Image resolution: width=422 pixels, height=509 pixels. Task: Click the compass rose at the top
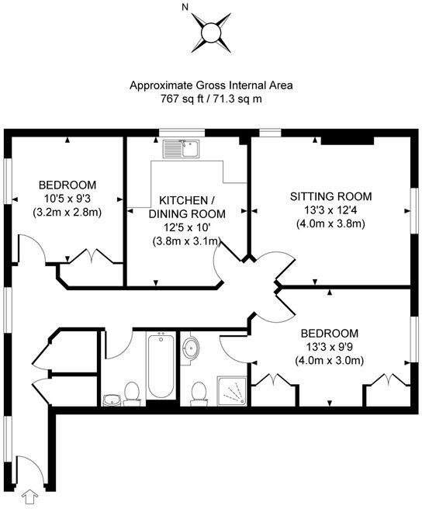coord(210,33)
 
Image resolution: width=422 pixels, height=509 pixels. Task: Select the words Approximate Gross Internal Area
coord(210,85)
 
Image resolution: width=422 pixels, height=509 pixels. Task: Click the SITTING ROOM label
coord(330,196)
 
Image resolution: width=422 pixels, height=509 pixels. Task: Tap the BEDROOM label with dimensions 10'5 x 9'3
coord(67,185)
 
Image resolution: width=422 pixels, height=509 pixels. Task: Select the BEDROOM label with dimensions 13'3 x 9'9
coord(330,332)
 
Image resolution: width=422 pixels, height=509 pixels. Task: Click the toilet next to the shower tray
coord(199,394)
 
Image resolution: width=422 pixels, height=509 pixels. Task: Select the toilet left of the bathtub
coord(131,394)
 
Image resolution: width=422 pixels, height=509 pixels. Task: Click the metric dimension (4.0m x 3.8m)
coord(330,223)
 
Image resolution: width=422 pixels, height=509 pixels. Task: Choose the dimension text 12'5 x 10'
coord(186,227)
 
